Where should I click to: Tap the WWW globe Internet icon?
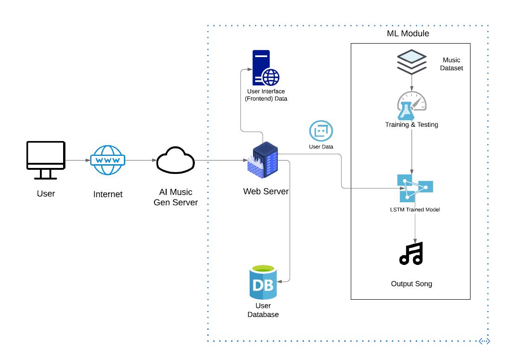click(108, 161)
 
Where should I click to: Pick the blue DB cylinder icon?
click(263, 282)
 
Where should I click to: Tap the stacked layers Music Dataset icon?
click(412, 62)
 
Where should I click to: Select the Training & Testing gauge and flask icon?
click(411, 105)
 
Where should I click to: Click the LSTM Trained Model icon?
click(414, 188)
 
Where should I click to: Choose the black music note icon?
click(412, 253)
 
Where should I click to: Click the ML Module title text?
click(408, 34)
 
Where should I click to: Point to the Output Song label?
click(412, 283)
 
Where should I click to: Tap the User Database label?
click(263, 310)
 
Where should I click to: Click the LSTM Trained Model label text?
click(415, 210)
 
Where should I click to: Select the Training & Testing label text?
click(412, 124)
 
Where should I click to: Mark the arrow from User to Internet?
click(77, 161)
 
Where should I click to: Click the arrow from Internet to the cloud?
click(141, 161)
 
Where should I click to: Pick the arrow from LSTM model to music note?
click(414, 226)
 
